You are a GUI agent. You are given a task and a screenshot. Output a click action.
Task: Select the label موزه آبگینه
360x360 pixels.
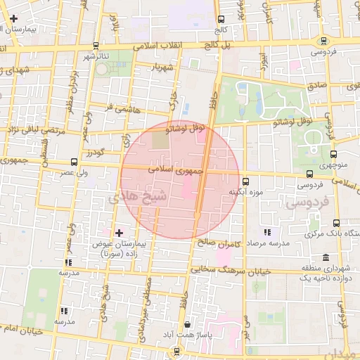(245, 191)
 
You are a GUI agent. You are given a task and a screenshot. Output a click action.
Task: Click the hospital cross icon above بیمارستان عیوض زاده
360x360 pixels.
(118, 232)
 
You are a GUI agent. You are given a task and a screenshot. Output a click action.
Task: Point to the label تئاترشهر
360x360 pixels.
(97, 56)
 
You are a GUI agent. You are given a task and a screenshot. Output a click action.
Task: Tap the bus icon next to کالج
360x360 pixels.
(221, 20)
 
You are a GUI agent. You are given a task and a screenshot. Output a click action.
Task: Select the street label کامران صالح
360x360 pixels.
(219, 243)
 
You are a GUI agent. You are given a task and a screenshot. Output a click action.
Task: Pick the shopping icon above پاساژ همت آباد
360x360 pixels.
(187, 324)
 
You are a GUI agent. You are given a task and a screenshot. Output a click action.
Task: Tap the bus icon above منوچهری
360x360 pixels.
(333, 155)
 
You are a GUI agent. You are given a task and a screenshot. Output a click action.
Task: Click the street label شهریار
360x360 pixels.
(160, 68)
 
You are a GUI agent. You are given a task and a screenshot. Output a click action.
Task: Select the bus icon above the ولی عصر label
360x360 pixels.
(75, 162)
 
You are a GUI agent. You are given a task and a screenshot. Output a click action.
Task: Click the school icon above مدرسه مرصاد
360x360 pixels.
(266, 232)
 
